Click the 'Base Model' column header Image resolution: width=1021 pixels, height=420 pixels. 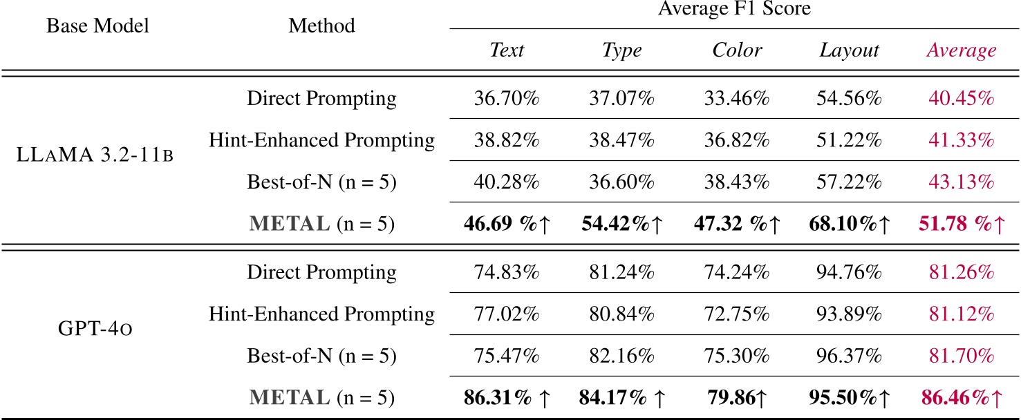[97, 26]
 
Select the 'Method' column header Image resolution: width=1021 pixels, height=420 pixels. [321, 26]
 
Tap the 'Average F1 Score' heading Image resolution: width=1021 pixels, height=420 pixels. [734, 10]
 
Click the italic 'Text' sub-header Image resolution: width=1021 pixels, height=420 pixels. [507, 50]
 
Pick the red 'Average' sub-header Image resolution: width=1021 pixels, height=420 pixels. [961, 50]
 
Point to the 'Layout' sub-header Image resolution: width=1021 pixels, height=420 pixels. [849, 50]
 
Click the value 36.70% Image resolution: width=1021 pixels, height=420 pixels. [507, 98]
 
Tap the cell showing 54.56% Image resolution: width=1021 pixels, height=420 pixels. [849, 98]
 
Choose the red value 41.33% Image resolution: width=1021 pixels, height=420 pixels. [961, 141]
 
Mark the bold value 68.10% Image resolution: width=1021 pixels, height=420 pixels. [843, 225]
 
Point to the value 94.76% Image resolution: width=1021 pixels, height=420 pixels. [849, 272]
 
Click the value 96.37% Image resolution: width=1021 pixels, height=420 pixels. [849, 356]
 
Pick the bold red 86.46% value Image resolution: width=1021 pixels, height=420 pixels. [955, 399]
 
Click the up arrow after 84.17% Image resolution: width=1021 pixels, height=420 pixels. [659, 399]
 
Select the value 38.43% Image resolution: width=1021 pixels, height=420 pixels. [737, 182]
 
